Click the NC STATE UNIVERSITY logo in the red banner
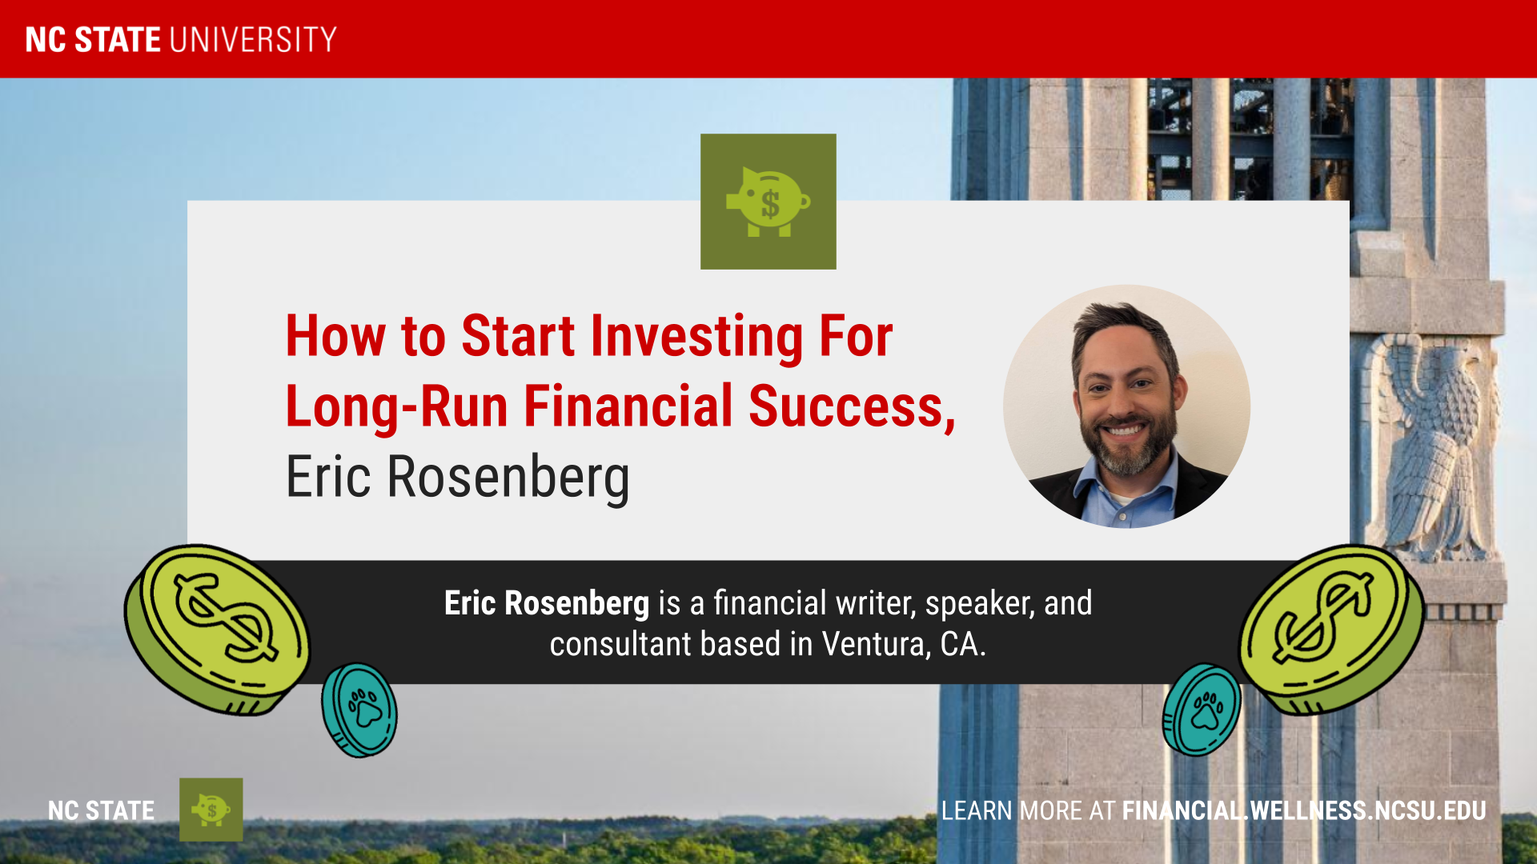click(181, 39)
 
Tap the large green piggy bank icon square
click(768, 202)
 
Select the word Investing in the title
click(696, 336)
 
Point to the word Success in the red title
click(852, 406)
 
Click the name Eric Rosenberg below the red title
click(458, 478)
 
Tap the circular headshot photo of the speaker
click(1126, 406)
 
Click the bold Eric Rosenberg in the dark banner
click(547, 603)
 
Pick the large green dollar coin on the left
click(216, 630)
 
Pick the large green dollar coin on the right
click(1332, 630)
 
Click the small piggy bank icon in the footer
click(211, 810)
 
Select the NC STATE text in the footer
click(101, 810)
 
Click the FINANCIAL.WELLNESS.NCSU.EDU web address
click(1304, 810)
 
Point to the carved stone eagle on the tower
click(1429, 448)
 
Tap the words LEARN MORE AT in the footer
click(1028, 810)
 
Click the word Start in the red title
click(518, 336)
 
